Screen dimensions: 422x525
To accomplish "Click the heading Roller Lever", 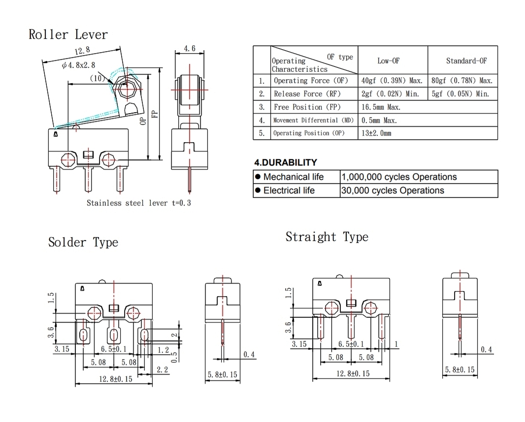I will tap(68, 34).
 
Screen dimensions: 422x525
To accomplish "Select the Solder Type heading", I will tap(83, 242).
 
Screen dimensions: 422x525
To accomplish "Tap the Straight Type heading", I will tap(327, 237).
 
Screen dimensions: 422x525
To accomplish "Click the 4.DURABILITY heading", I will tap(286, 162).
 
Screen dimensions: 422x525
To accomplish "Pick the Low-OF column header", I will tap(389, 61).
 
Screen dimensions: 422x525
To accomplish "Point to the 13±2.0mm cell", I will tap(376, 133).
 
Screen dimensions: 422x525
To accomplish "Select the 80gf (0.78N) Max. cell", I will tap(462, 81).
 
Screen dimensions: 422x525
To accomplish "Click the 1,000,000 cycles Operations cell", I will tap(399, 177).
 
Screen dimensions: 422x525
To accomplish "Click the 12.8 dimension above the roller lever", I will tap(82, 51).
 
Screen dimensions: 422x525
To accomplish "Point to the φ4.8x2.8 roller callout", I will tap(79, 65).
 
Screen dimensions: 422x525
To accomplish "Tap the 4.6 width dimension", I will tap(190, 48).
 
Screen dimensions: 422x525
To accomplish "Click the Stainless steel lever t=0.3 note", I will tap(139, 203).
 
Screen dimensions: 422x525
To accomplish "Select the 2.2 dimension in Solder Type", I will tap(162, 369).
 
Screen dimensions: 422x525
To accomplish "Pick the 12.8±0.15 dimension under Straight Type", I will tap(353, 373).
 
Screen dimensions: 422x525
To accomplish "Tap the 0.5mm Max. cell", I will tap(379, 120).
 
